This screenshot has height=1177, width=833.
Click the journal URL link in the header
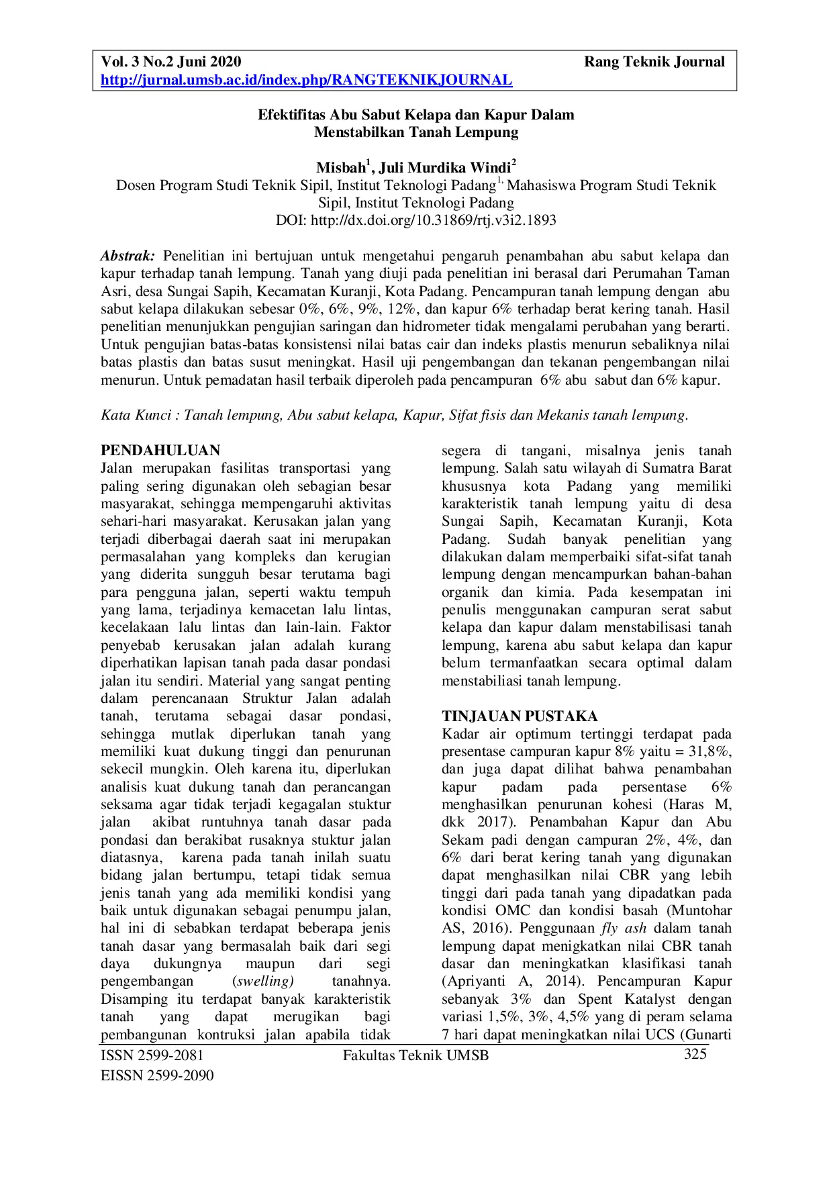point(306,81)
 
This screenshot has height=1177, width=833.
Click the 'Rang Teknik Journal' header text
point(654,62)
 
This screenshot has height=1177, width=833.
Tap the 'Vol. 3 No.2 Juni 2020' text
point(170,62)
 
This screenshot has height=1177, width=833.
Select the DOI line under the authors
point(416,220)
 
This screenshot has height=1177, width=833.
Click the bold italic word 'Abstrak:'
point(128,256)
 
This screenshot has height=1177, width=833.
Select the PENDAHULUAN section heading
point(160,451)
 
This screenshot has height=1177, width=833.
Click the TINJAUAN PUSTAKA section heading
point(520,716)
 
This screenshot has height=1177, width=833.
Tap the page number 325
point(695,1054)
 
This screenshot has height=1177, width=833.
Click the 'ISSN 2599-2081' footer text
point(152,1055)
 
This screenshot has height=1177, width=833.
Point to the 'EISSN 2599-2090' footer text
point(157,1076)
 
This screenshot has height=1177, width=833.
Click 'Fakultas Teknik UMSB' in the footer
point(415,1055)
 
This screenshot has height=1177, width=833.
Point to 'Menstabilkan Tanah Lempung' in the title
point(416,132)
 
